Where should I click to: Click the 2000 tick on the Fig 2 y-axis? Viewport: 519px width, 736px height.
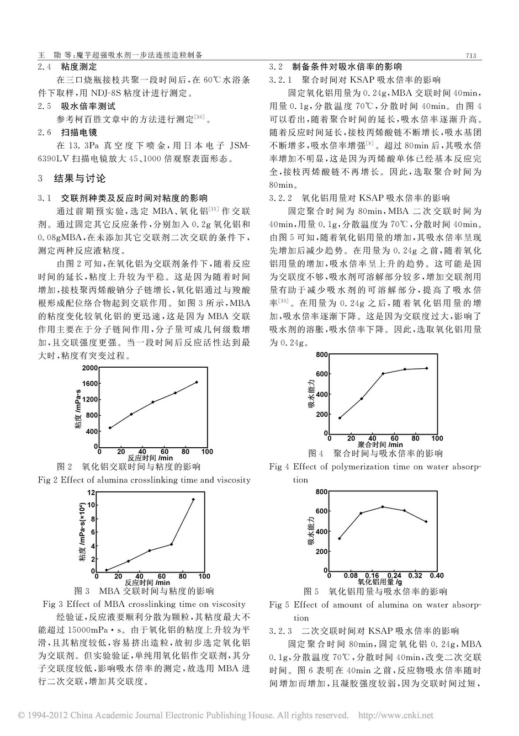click(90, 367)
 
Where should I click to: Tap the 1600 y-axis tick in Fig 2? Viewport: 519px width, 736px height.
click(90, 383)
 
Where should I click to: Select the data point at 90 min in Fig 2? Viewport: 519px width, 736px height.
click(197, 382)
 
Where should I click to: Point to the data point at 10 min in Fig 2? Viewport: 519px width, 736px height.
click(109, 427)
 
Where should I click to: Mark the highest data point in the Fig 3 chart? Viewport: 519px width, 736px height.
click(193, 500)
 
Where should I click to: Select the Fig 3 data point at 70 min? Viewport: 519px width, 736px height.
click(172, 544)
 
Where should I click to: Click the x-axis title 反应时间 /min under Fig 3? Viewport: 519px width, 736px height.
click(147, 582)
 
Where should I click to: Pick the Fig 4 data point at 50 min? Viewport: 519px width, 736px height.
click(383, 374)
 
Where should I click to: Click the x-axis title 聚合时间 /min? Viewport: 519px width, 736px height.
click(380, 444)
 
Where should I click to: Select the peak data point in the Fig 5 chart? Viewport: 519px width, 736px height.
click(383, 507)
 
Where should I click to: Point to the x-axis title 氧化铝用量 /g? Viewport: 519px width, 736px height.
click(380, 581)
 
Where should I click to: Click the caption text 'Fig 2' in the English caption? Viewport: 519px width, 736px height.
click(47, 480)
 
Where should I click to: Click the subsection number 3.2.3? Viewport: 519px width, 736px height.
click(280, 631)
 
